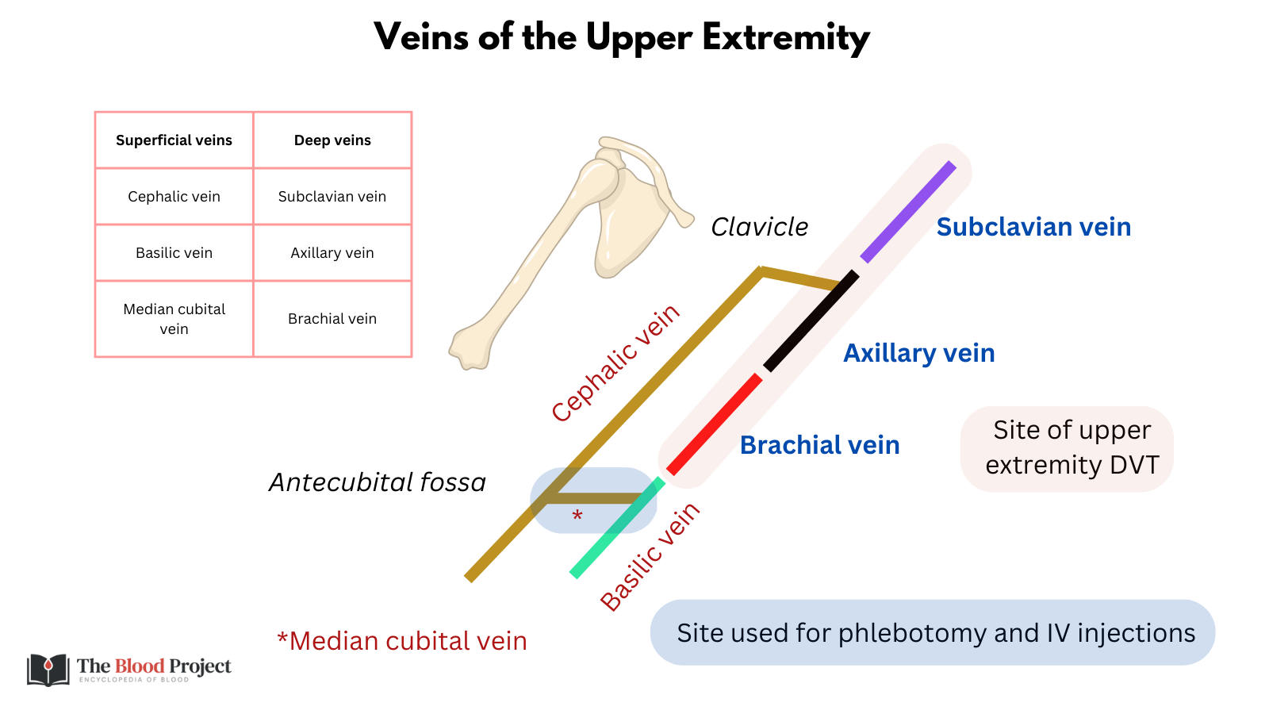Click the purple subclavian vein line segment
pos(908,213)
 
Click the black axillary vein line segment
pos(811,321)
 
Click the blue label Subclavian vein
pos(1033,227)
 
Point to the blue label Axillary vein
pos(918,353)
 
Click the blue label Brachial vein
pos(819,445)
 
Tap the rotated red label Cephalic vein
pos(615,363)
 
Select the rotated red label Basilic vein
pos(650,557)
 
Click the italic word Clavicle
pos(759,227)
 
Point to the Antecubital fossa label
pos(377,482)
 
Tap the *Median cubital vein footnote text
pos(402,641)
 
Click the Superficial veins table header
pos(174,140)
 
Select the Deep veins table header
pos(332,140)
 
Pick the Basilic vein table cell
pos(174,253)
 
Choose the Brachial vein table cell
pos(332,319)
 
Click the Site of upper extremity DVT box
pos(1067,448)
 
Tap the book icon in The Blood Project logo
pos(48,670)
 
